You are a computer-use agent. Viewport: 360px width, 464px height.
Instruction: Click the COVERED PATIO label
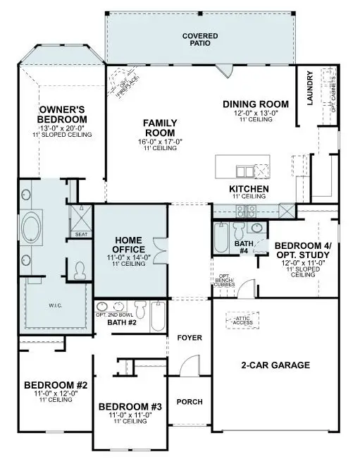[x=200, y=39]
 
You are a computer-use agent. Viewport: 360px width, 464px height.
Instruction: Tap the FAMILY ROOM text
[x=160, y=128]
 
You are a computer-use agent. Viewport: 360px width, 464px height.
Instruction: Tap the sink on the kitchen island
[x=243, y=171]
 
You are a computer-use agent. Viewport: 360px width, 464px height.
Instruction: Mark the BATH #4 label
[x=241, y=248]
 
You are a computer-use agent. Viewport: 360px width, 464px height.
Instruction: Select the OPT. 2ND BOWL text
[x=113, y=315]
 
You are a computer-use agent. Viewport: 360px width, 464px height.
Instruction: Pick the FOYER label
[x=189, y=338]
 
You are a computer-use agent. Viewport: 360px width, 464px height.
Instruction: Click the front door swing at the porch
[x=186, y=367]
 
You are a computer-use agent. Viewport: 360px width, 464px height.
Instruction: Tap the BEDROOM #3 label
[x=130, y=407]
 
